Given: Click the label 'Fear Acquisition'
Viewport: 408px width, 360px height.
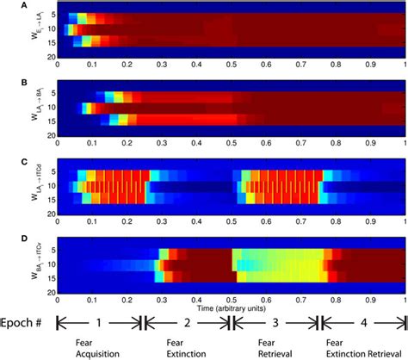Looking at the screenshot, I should (90, 347).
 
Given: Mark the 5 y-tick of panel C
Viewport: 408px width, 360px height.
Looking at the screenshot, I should (52, 171).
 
